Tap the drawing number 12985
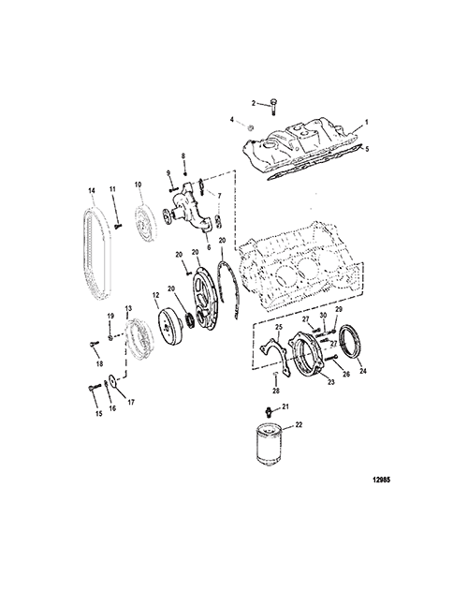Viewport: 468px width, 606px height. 381,480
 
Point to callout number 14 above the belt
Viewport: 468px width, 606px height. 251,127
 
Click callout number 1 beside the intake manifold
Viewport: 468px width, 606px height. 367,122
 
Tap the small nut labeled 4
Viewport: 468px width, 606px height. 251,127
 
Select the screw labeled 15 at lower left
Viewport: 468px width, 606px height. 93,387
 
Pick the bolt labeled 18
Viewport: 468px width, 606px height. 95,343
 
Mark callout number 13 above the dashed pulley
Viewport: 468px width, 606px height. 128,308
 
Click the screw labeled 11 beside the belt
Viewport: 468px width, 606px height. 118,226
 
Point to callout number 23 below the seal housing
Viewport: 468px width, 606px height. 331,382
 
